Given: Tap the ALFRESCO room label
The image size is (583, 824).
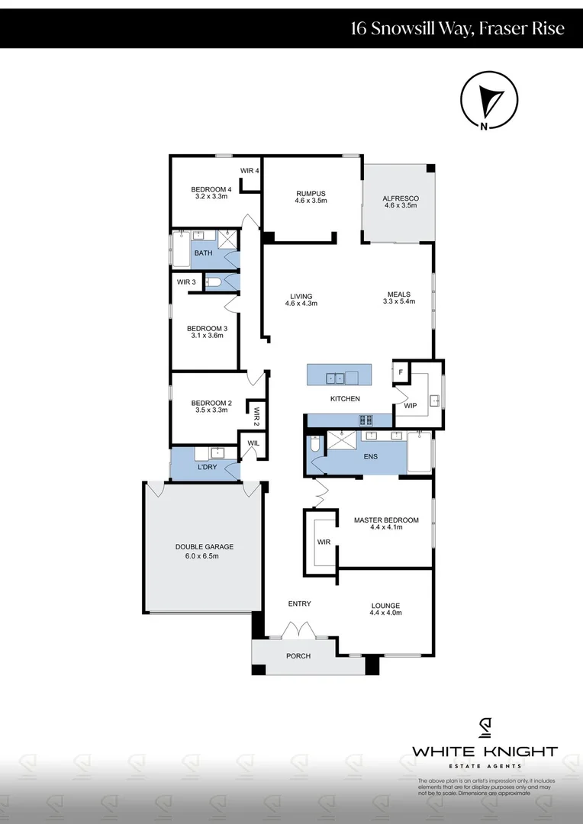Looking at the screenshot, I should tap(401, 198).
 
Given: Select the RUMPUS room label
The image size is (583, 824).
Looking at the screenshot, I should tap(311, 193).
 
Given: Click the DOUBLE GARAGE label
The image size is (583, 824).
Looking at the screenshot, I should tap(205, 546).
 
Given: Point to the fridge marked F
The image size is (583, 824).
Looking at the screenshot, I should tap(401, 372).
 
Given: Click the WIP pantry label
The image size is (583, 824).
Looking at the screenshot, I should tap(410, 406).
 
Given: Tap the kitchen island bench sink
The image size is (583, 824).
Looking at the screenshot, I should tap(333, 377).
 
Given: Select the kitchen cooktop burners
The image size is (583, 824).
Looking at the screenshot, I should tap(366, 419).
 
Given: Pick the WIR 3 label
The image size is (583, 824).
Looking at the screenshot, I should tap(187, 282).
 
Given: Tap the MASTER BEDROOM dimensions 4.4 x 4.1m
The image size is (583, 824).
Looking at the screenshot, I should tap(385, 527).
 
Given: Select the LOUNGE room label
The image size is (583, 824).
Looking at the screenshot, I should tap(385, 605).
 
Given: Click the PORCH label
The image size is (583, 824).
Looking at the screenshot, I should tap(298, 656).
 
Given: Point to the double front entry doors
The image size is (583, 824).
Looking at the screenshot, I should tap(297, 631).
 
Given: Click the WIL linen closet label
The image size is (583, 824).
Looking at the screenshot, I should tap(252, 442).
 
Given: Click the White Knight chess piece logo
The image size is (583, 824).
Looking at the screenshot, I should tap(485, 729).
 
